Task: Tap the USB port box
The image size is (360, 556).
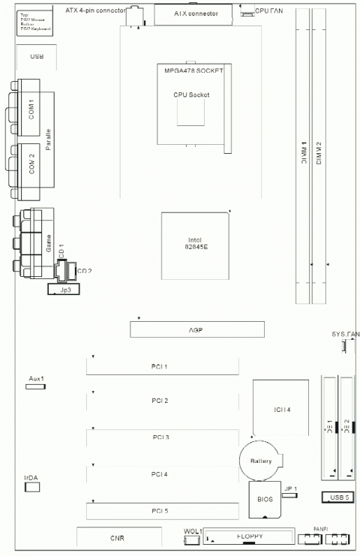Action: [x=37, y=57]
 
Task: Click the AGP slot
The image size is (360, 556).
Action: [x=197, y=329]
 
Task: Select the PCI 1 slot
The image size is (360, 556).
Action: [x=162, y=366]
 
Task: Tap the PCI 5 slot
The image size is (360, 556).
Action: [x=162, y=512]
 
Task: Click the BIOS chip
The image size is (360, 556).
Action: [x=264, y=499]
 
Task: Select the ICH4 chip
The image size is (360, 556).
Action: [x=281, y=410]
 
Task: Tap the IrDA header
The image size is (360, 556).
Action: [x=32, y=488]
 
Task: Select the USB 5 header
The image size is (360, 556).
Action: [x=334, y=497]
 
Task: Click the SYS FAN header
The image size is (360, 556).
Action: [x=346, y=346]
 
